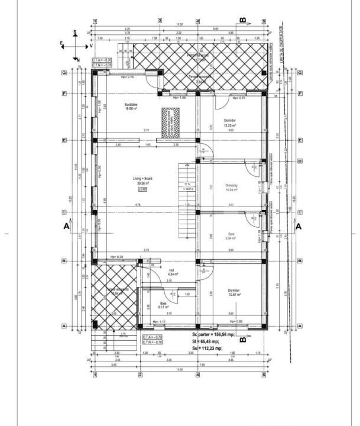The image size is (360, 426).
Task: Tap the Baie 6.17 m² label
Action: coord(164,305)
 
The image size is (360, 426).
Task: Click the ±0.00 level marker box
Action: coord(142,189)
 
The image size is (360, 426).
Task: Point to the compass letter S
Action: coord(75,32)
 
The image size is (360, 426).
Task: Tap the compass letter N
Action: coord(77,60)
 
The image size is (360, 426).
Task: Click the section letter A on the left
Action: coord(66,225)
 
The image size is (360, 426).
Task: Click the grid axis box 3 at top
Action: coord(160,20)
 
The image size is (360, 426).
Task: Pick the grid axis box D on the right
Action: coord(300,161)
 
